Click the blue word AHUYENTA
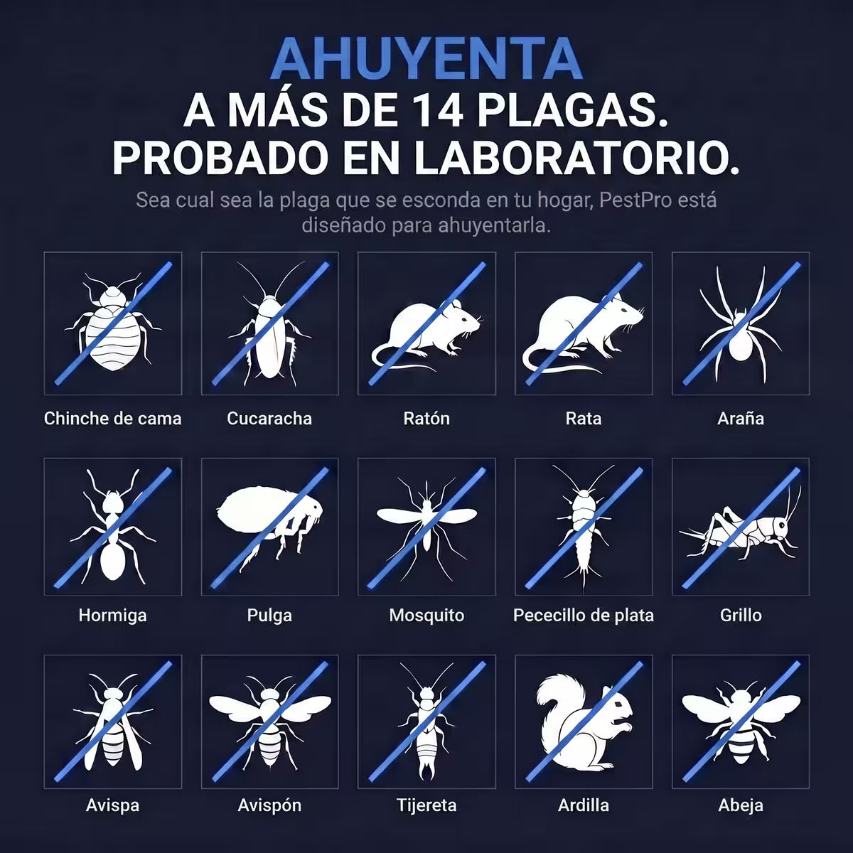coord(426,60)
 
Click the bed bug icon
coord(113,324)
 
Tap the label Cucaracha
coord(269,418)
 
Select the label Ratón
coord(426,418)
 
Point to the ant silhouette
coord(113,527)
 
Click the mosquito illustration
coord(426,527)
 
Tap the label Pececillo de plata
coord(584,616)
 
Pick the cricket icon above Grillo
coord(741,529)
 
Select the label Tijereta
coord(426,805)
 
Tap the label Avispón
coord(269,805)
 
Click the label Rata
coord(584,418)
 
